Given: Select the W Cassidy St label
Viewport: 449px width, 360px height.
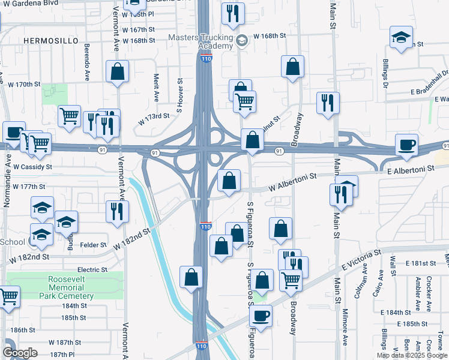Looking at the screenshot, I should tap(32, 167).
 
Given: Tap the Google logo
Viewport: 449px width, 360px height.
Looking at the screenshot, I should tap(20, 352).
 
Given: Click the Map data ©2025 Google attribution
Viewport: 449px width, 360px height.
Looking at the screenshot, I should tap(412, 355).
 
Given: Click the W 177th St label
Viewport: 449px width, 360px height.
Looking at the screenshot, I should tap(29, 187).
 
